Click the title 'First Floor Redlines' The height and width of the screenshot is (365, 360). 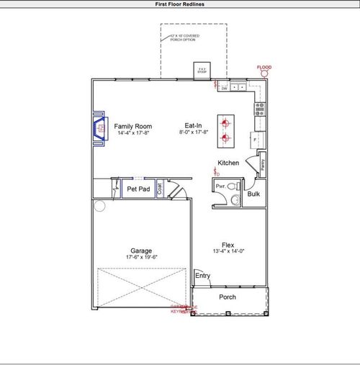click(x=180, y=4)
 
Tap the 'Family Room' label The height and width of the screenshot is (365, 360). click(x=133, y=126)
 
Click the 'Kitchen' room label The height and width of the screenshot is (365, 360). click(x=228, y=163)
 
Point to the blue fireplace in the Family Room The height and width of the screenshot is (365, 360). click(x=97, y=130)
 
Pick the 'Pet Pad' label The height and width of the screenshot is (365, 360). click(x=138, y=189)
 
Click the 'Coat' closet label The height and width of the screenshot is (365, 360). click(x=159, y=189)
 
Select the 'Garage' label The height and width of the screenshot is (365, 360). click(x=141, y=251)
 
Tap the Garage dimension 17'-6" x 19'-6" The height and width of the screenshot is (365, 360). click(x=141, y=258)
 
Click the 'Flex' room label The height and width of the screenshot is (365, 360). click(x=228, y=245)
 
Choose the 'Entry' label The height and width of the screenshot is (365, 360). click(x=202, y=276)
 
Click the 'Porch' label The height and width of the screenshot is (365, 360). click(x=228, y=297)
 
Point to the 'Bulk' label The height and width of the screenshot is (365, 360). click(x=253, y=194)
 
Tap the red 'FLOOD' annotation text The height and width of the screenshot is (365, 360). click(x=265, y=67)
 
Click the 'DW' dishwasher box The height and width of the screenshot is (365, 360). click(x=225, y=89)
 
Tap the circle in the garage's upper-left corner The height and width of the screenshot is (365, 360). click(x=100, y=206)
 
